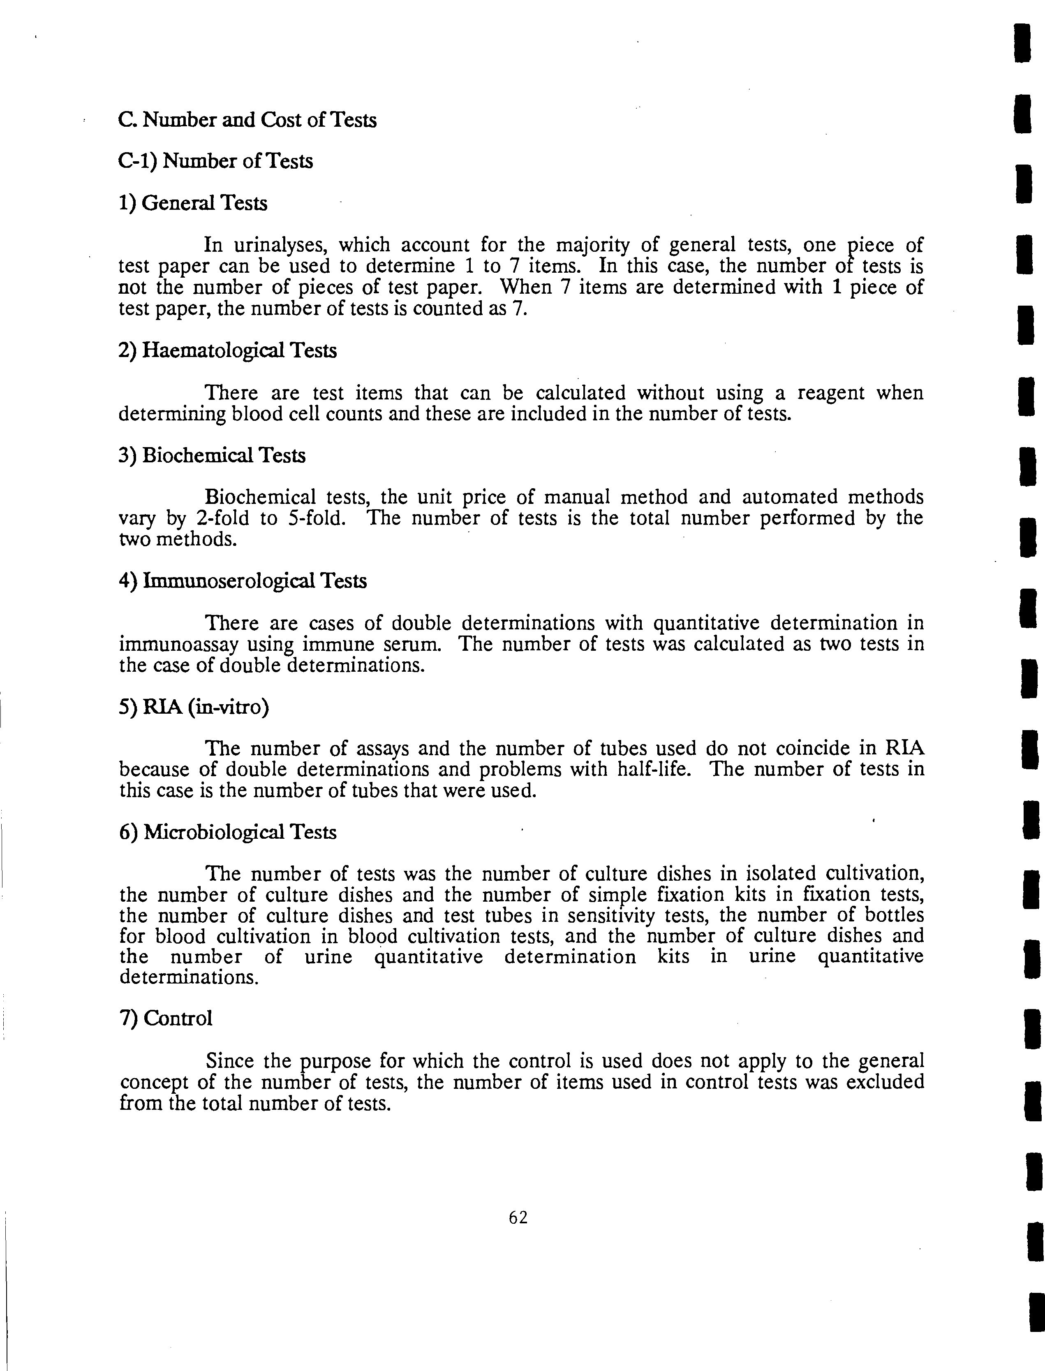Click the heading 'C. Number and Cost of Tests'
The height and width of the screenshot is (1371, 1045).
pos(247,119)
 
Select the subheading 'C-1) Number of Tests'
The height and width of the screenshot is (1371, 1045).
pos(215,161)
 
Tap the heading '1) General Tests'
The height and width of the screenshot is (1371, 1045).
pos(193,203)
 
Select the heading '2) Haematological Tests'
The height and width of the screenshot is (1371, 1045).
pos(227,350)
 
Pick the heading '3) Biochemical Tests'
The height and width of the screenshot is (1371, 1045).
pos(211,455)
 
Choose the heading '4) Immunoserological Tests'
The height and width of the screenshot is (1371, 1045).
pos(243,581)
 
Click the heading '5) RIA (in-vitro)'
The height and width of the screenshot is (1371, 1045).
pos(194,707)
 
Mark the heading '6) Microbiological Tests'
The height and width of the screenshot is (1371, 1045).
pos(227,832)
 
